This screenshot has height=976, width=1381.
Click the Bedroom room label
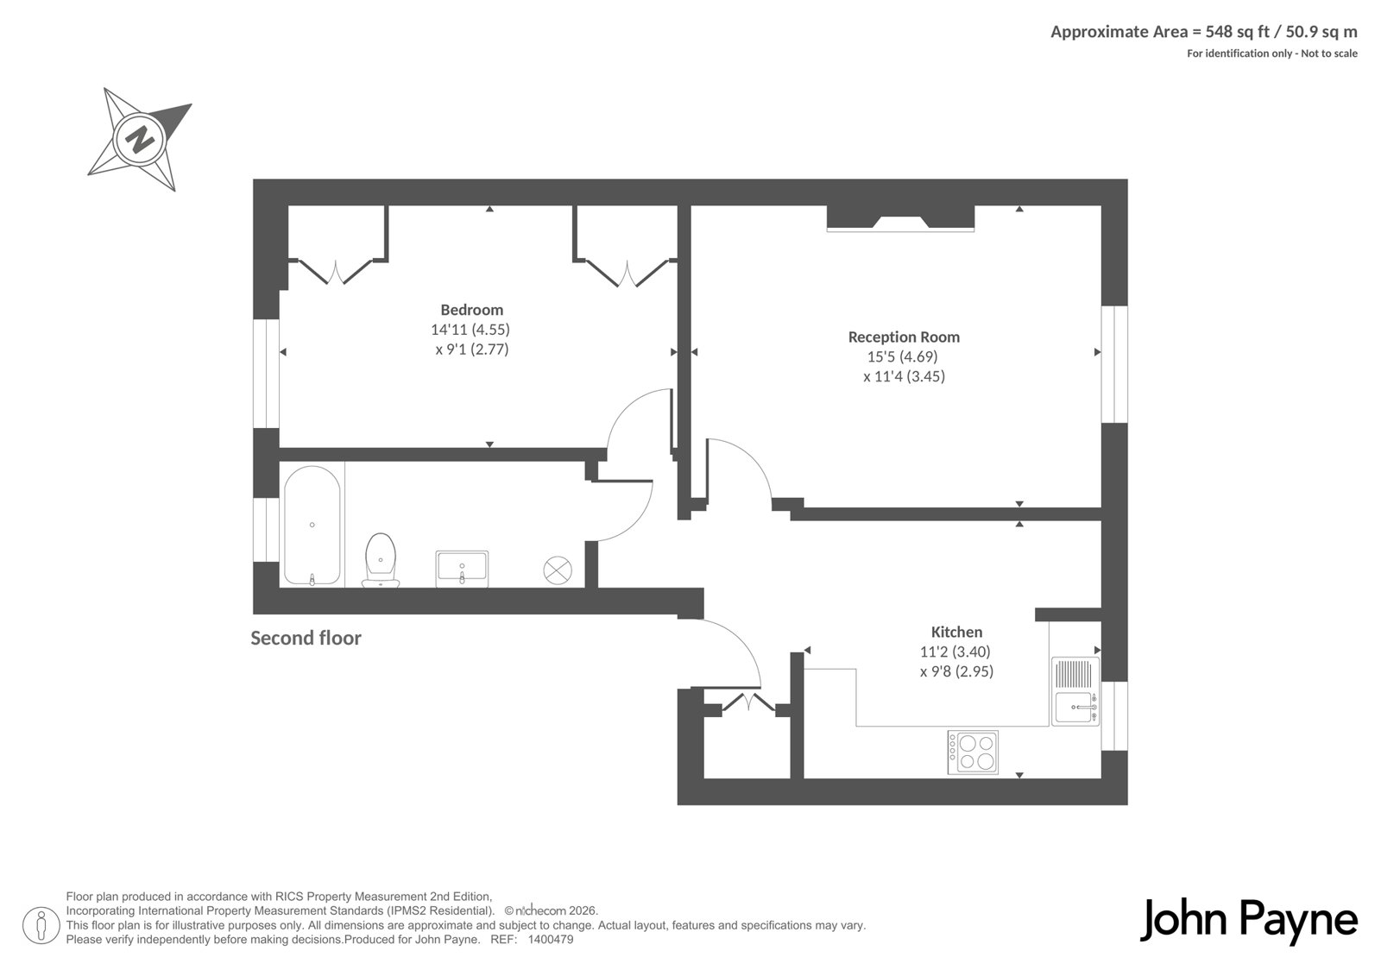pyautogui.click(x=471, y=310)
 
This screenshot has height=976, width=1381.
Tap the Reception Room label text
pyautogui.click(x=904, y=337)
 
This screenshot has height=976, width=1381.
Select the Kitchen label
pyautogui.click(x=956, y=632)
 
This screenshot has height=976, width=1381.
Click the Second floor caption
pyautogui.click(x=306, y=638)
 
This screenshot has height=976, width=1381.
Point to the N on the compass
pyautogui.click(x=139, y=139)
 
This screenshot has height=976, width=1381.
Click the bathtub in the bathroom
pyautogui.click(x=312, y=526)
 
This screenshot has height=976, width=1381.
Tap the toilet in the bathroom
pyautogui.click(x=381, y=560)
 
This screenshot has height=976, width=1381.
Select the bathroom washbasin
pyautogui.click(x=462, y=569)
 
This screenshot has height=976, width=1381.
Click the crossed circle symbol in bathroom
pyautogui.click(x=558, y=570)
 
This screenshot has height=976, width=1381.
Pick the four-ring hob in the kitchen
pyautogui.click(x=973, y=752)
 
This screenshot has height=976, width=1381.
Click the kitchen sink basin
pyautogui.click(x=1075, y=707)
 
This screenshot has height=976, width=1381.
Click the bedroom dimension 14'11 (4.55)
pyautogui.click(x=470, y=330)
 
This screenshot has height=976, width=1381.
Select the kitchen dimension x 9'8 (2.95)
pyautogui.click(x=957, y=671)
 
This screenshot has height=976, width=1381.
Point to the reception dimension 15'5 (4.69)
pyautogui.click(x=903, y=356)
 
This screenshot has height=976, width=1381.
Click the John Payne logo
pyautogui.click(x=1248, y=921)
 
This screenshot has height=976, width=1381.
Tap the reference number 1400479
pyautogui.click(x=551, y=940)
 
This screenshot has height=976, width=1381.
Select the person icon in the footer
pyautogui.click(x=41, y=925)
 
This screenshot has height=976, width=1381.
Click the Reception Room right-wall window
pyautogui.click(x=1114, y=364)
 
